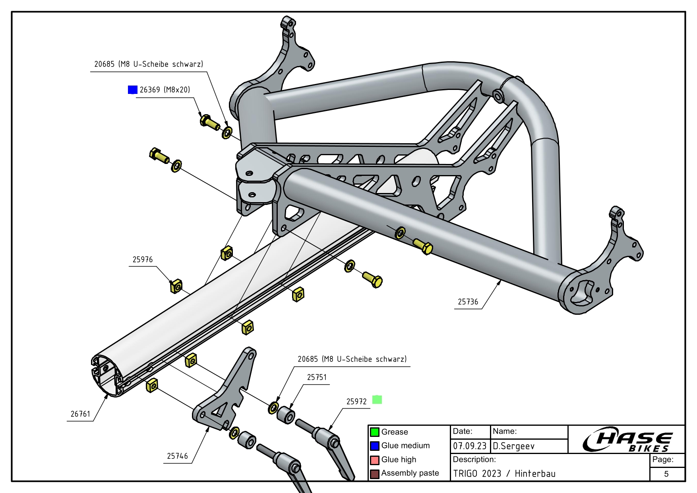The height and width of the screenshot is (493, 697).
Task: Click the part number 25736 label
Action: pos(468,302)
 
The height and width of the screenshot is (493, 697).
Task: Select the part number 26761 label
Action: pos(80,414)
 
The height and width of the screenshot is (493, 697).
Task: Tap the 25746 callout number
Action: pos(177,456)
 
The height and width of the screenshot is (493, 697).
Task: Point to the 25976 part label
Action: pos(142,259)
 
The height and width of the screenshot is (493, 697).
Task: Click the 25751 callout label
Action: pos(317,377)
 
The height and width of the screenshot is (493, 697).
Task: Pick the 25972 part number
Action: pos(356,401)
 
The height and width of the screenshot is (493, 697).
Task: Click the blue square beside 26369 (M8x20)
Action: pos(132,90)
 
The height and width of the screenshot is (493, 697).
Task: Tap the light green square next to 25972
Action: pos(377,399)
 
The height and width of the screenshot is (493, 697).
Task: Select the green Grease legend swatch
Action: pos(374,432)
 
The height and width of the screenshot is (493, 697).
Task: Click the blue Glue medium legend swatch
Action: pos(374,446)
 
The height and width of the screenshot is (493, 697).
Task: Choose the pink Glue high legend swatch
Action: pos(374,460)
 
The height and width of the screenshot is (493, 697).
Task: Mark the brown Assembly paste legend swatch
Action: pos(374,474)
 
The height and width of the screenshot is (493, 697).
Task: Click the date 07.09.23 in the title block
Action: pos(470,446)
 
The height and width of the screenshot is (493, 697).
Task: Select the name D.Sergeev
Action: pos(513,446)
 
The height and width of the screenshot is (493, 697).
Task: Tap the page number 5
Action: pos(666,474)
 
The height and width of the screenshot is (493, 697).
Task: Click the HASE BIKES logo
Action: pos(627,440)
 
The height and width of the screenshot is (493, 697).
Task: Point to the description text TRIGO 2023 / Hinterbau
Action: pos(504,474)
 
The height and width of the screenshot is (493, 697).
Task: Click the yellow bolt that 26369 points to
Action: pos(209,121)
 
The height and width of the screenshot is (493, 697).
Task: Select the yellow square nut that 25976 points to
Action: pos(176,286)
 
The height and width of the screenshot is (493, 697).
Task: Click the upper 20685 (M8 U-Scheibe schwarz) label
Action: pos(148,64)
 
